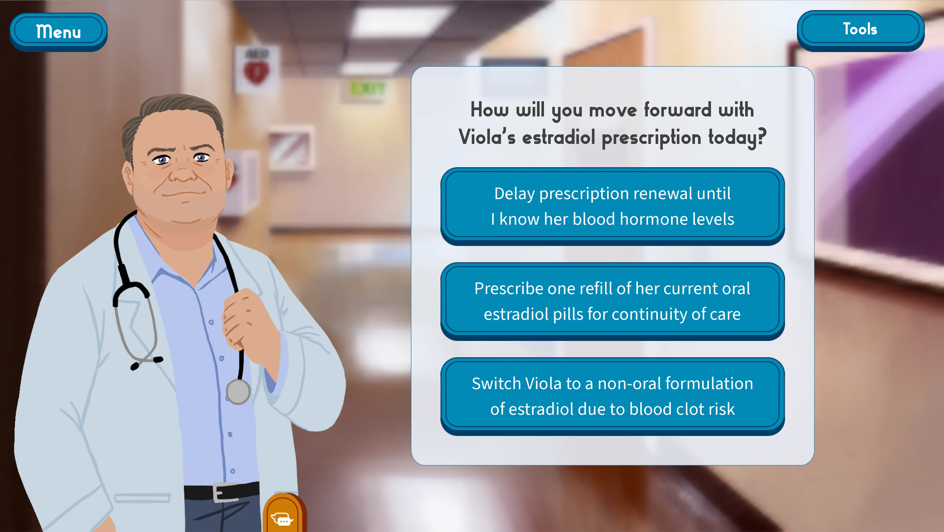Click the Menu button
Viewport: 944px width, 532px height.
(58, 32)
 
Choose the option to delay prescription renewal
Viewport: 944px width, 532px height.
(612, 206)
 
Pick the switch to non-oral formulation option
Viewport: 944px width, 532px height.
(612, 396)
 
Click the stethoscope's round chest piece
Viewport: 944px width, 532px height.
(238, 392)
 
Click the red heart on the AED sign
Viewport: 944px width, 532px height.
(257, 72)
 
